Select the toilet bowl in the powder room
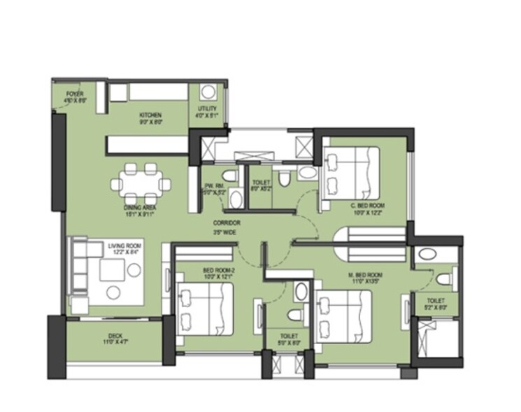229,176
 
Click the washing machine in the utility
208,92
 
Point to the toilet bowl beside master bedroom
442,280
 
